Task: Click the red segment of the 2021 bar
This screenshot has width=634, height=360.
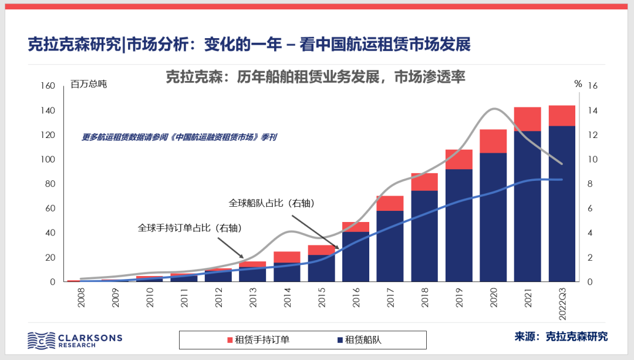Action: pyautogui.click(x=527, y=119)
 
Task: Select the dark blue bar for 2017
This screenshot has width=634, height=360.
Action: pyautogui.click(x=390, y=246)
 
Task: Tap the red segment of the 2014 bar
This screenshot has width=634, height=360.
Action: pyautogui.click(x=287, y=257)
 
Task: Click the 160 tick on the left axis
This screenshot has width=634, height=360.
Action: pyautogui.click(x=48, y=86)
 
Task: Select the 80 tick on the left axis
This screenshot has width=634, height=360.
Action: pyautogui.click(x=50, y=184)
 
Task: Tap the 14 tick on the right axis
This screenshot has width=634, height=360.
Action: pyautogui.click(x=593, y=110)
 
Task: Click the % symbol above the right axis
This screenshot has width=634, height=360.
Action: pyautogui.click(x=578, y=84)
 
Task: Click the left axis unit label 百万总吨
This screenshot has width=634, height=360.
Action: pyautogui.click(x=89, y=84)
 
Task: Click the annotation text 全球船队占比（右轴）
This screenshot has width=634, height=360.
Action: pyautogui.click(x=272, y=203)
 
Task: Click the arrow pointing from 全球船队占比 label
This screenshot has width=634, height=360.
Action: pyautogui.click(x=315, y=231)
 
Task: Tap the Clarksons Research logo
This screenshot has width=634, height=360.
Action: pyautogui.click(x=75, y=340)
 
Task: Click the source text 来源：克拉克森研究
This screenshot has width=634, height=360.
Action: pyautogui.click(x=561, y=337)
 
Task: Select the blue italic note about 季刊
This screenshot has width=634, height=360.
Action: pyautogui.click(x=179, y=137)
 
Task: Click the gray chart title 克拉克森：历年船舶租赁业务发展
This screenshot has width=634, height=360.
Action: pyautogui.click(x=315, y=77)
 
